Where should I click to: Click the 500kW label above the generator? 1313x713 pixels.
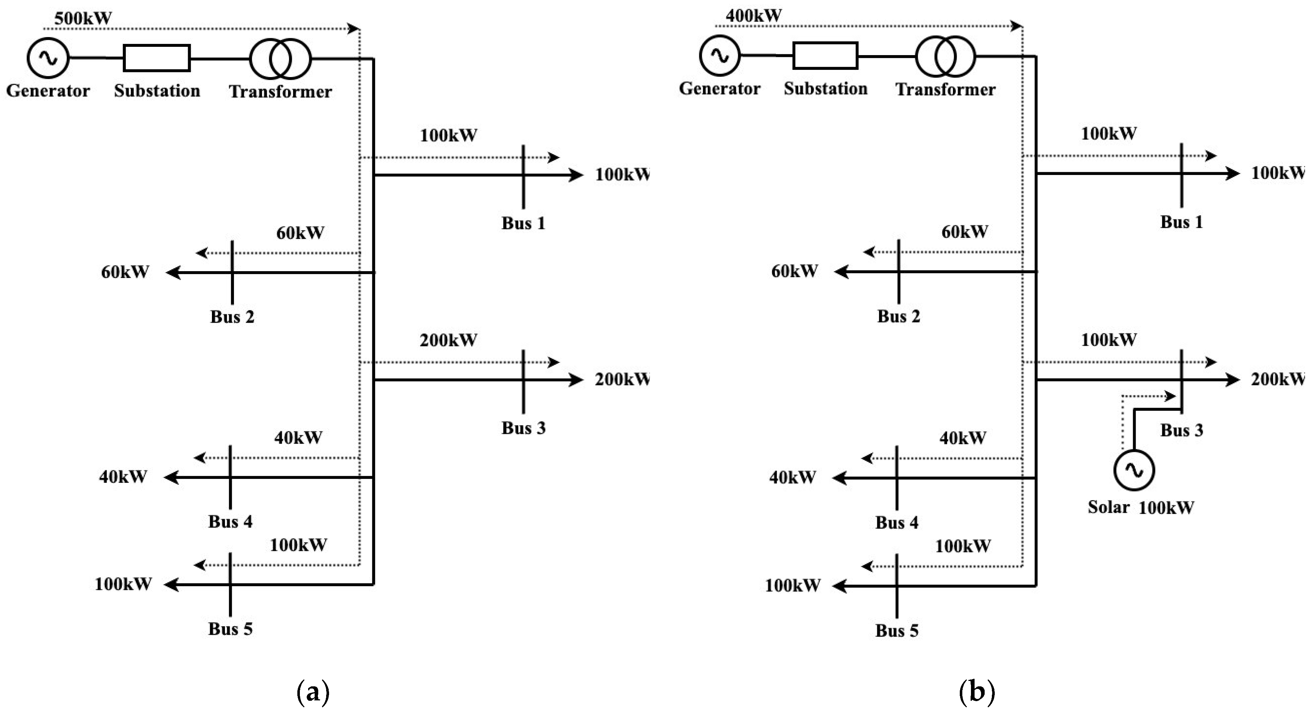tap(83, 18)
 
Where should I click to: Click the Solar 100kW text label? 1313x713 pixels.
tap(1141, 507)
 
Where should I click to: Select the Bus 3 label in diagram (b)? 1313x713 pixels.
tap(1181, 430)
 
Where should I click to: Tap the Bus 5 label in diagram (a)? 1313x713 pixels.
tap(230, 629)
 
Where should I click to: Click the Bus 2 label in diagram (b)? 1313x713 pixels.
tap(899, 316)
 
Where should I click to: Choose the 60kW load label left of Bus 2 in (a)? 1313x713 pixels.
tap(125, 272)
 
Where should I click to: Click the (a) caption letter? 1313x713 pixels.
tap(313, 692)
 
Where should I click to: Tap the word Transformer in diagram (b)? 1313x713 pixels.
tap(945, 90)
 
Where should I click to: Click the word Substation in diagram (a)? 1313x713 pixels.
tap(157, 91)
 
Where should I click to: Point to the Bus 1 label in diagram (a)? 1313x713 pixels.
tap(523, 223)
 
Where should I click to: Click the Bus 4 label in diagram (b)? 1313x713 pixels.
tap(897, 523)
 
